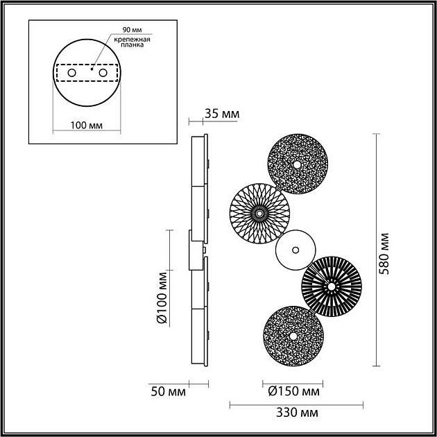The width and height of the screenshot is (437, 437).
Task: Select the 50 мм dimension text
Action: [x=168, y=392]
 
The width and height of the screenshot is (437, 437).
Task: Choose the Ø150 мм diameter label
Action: [x=292, y=392]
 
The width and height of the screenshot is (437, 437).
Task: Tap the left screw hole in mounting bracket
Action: [x=71, y=73]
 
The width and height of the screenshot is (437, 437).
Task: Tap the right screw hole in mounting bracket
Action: [x=103, y=73]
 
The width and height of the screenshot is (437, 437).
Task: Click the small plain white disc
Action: [x=295, y=250]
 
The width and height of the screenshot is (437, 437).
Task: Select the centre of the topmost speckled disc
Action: [x=297, y=165]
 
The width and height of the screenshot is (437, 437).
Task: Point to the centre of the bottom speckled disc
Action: [x=293, y=335]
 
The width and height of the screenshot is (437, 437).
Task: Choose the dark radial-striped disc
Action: [x=331, y=286]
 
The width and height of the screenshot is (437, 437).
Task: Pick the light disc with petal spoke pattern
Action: [x=259, y=214]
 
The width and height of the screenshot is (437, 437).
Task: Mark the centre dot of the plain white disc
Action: [x=295, y=250]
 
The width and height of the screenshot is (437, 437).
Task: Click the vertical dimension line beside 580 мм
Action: [x=376, y=249]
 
